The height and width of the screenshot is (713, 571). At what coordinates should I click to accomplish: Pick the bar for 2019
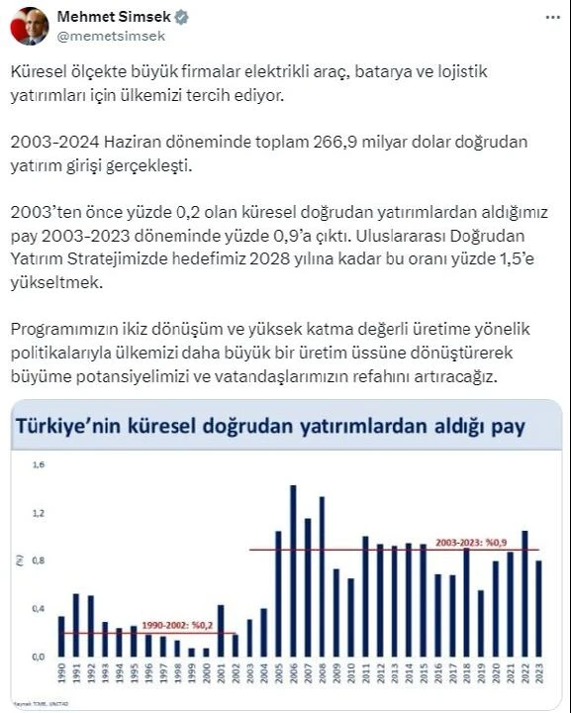[480, 623]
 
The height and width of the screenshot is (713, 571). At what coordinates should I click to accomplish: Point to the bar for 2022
[524, 593]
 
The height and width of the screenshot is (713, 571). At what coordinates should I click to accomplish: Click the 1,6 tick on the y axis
[38, 464]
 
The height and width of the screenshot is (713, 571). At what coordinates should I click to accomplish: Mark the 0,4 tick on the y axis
[38, 608]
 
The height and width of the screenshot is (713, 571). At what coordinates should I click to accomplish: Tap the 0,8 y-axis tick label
[38, 560]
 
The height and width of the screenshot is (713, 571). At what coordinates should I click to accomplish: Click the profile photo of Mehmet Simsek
[30, 26]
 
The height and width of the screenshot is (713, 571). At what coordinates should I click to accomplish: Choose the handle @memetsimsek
[111, 36]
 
